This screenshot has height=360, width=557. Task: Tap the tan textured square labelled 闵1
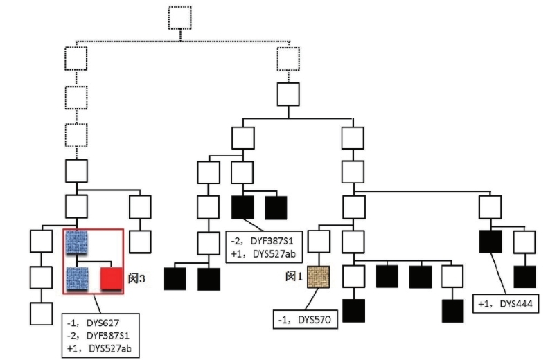click(x=319, y=276)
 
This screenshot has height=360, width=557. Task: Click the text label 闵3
click(x=136, y=279)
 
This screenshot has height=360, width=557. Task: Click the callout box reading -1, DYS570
click(x=306, y=321)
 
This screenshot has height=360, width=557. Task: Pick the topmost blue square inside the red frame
click(x=76, y=242)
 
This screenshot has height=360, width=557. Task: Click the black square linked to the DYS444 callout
click(x=490, y=241)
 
